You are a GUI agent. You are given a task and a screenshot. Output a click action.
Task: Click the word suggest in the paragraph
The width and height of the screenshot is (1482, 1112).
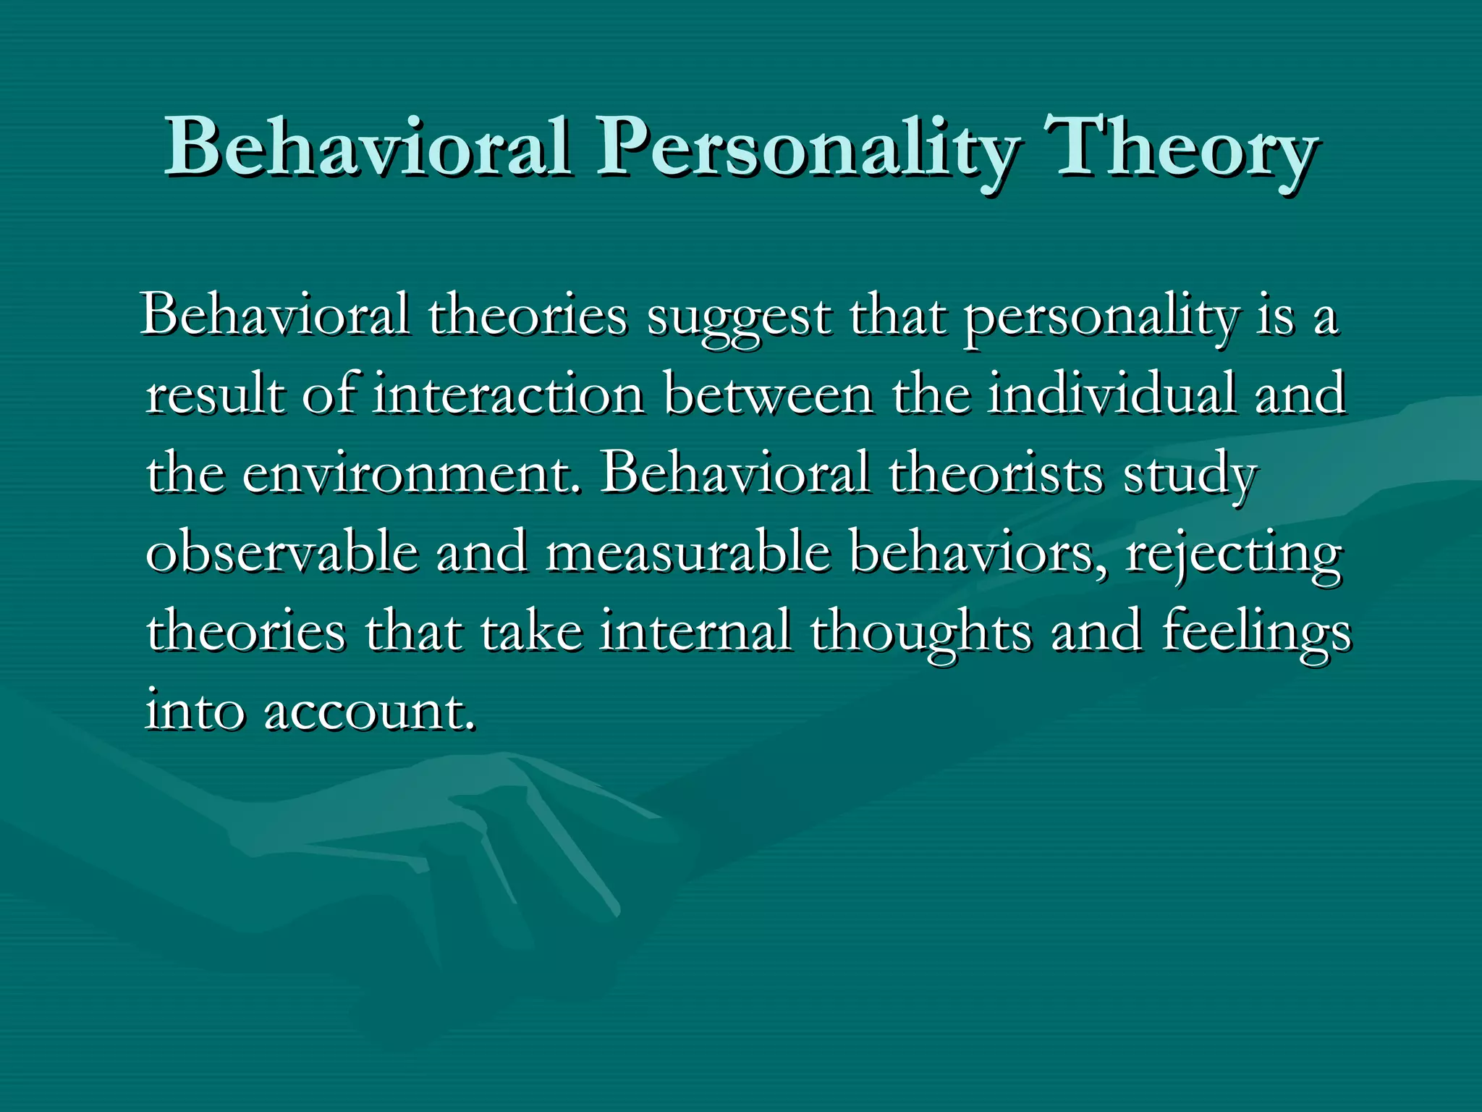coord(739,319)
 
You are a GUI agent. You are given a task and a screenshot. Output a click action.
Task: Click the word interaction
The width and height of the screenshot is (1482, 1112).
coord(508,395)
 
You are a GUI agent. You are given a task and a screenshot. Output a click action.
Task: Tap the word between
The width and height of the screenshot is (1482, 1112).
coord(768,395)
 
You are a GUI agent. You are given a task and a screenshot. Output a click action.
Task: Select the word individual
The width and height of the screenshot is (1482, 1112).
coord(1111,395)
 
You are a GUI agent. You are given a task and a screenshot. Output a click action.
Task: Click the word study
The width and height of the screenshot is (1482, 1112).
coord(1189,475)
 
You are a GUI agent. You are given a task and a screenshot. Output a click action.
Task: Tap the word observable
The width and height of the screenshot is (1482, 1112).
coord(282,554)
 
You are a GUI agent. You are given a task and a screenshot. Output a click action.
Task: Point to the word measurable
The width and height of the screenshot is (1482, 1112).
coord(687,554)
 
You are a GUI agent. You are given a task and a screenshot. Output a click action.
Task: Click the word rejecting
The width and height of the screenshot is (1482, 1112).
coord(1234,554)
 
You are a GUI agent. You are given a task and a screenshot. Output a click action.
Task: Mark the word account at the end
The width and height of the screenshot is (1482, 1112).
coord(370,712)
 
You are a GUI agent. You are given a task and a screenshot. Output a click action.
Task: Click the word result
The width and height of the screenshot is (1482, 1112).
coord(215,395)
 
